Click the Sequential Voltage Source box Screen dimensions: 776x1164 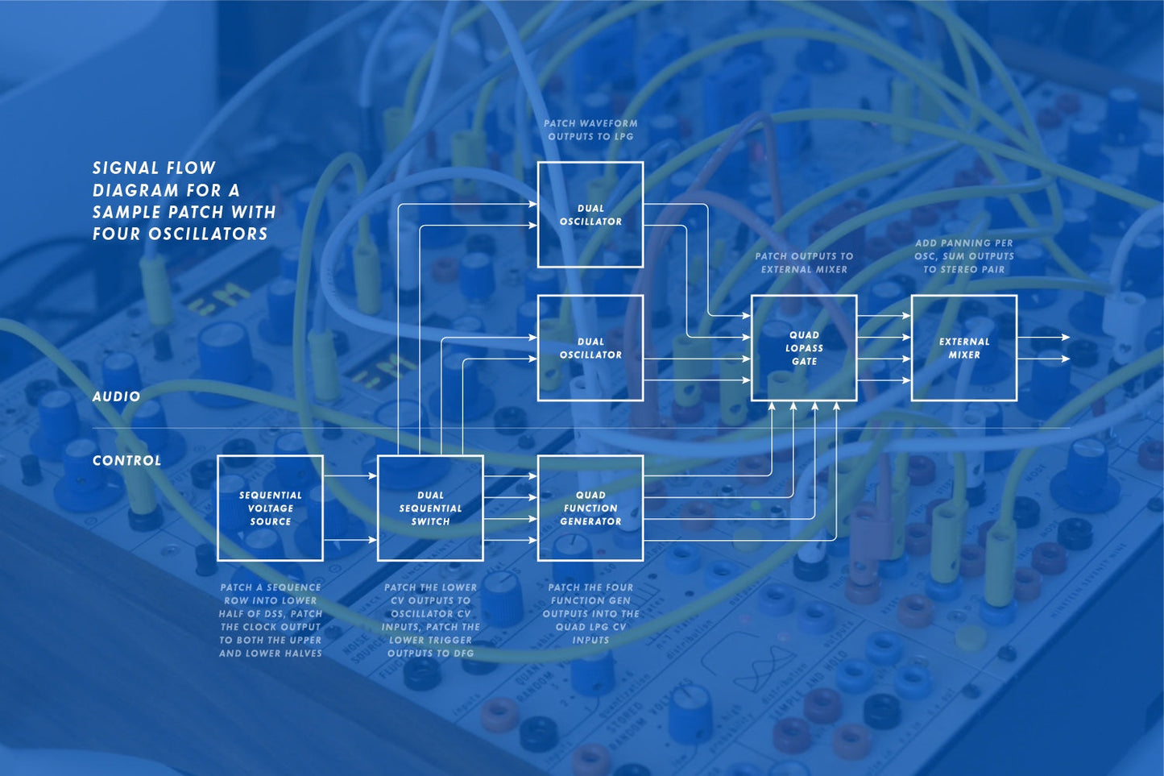270,508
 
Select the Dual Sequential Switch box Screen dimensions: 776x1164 430,508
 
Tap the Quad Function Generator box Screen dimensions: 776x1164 590,508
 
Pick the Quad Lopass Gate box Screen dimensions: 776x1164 804,348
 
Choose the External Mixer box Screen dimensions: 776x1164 963,348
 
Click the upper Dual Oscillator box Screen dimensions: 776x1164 590,214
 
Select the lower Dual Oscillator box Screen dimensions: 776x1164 590,348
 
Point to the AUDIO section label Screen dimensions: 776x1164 117,396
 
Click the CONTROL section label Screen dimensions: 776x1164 126,461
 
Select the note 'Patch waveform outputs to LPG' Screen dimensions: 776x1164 590,130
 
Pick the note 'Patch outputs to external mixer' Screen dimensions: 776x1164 804,263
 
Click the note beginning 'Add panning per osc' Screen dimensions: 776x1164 963,256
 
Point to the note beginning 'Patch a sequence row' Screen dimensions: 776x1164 270,620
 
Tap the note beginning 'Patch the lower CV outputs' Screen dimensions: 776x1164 430,620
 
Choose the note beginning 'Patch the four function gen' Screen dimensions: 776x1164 590,613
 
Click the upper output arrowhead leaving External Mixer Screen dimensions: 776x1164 1066,338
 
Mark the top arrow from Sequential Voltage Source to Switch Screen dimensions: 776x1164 350,476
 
